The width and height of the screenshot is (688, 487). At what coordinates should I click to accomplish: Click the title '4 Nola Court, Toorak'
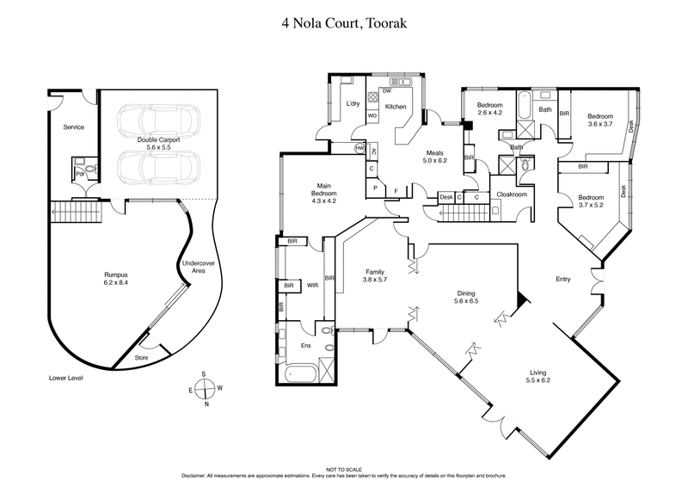tap(344, 24)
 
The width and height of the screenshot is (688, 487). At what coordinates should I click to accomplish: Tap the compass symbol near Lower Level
tap(205, 389)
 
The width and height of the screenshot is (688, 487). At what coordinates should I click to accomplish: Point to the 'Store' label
tap(144, 357)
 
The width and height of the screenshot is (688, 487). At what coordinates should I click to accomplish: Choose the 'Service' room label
tap(74, 127)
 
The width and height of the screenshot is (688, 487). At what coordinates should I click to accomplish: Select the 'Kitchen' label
tap(395, 107)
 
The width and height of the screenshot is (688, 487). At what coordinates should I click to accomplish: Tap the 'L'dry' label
tap(352, 104)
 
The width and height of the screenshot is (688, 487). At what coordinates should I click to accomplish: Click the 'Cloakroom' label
tap(512, 194)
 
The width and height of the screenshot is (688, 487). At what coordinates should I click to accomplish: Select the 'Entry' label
tap(563, 278)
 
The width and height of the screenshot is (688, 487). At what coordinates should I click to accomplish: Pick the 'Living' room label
tap(537, 375)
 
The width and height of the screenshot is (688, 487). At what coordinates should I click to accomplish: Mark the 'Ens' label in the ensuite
tap(305, 346)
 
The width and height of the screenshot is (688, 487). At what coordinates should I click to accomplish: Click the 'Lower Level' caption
tap(65, 378)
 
